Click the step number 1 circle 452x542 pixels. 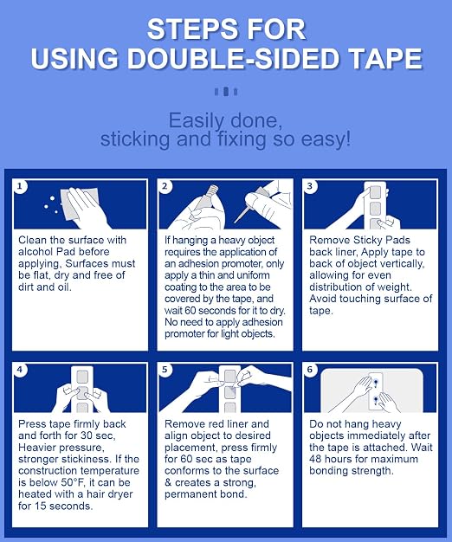tap(20, 186)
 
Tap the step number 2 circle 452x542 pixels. tap(165, 186)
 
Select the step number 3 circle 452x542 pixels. tap(310, 186)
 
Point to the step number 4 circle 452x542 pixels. tap(20, 370)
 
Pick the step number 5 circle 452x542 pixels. tap(165, 370)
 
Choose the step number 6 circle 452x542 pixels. tap(310, 370)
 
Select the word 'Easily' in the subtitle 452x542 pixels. tap(196, 122)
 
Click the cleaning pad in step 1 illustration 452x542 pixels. tap(79, 204)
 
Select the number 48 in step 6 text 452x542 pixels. tap(315, 459)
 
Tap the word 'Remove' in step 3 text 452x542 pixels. tap(330, 240)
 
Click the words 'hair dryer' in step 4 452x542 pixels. tap(110, 494)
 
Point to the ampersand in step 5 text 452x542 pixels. tap(168, 482)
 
